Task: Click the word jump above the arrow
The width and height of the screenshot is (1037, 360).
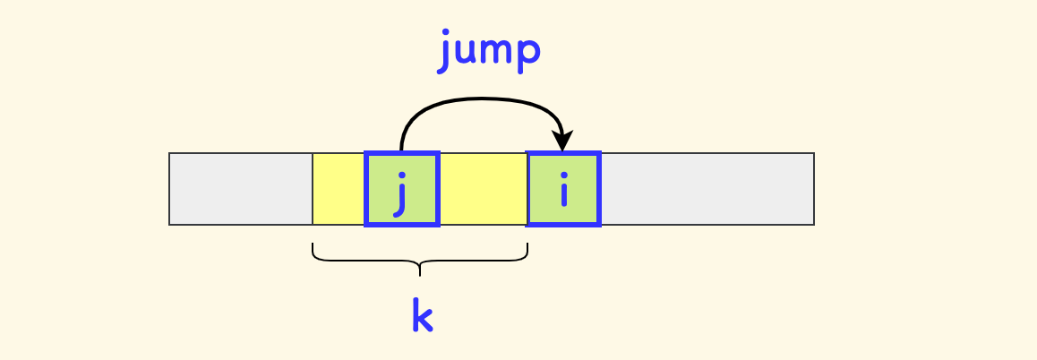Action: tap(490, 50)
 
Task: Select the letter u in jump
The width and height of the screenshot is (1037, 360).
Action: tap(466, 50)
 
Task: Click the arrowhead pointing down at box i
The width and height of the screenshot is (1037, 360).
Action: tap(562, 143)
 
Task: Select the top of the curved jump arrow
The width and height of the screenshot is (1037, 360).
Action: tap(482, 99)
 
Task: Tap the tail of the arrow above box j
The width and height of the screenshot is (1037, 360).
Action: tap(402, 147)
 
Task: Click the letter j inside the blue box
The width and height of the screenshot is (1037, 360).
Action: tap(401, 192)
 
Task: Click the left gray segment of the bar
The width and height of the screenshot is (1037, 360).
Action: tap(241, 189)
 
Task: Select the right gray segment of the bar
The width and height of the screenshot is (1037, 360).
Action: tap(707, 189)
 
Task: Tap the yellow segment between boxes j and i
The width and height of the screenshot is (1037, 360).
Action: tap(483, 189)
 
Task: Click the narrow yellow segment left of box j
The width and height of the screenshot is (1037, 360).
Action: tap(339, 189)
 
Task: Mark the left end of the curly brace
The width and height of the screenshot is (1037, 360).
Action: tap(313, 245)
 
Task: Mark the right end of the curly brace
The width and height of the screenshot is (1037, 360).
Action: tap(527, 245)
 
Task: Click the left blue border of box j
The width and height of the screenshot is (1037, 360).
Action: tap(367, 189)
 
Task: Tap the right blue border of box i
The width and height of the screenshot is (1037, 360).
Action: tap(597, 189)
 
